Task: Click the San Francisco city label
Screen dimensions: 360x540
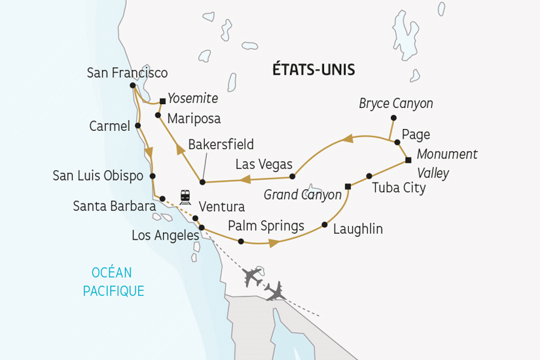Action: (127, 73)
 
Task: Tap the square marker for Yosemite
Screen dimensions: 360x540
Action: (162, 101)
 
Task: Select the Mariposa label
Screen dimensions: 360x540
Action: (194, 118)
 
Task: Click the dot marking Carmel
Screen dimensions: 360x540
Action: (137, 126)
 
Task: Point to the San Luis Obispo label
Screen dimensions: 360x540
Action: (98, 175)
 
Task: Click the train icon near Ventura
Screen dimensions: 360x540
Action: (185, 196)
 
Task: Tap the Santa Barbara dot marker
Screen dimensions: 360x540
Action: (162, 198)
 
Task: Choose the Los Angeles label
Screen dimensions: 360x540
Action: (165, 235)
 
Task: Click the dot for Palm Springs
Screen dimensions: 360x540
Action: (241, 242)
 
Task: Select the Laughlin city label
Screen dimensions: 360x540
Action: (357, 229)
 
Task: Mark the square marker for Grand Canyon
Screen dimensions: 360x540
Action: (348, 187)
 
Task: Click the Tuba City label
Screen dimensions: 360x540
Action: (399, 189)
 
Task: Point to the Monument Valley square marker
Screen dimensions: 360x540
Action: (408, 160)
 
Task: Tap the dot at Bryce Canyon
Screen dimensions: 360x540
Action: (393, 118)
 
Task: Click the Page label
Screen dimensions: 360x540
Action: (416, 135)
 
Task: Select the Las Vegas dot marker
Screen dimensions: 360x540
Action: (293, 176)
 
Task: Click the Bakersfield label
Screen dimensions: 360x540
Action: (221, 144)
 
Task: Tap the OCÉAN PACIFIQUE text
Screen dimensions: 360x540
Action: (113, 281)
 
